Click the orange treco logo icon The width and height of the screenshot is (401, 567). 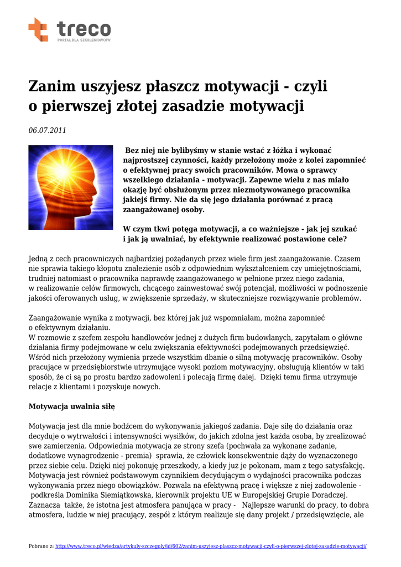click(38, 29)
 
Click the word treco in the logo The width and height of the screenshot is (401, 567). click(84, 27)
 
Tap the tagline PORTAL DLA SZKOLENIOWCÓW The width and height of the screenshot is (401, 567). click(84, 40)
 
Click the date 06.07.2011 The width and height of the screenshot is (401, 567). click(47, 131)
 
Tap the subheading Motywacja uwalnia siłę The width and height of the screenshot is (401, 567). click(71, 406)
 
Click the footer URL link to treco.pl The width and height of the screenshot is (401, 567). click(211, 546)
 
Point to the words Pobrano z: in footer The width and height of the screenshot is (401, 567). click(41, 546)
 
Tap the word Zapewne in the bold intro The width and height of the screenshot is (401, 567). click(268, 180)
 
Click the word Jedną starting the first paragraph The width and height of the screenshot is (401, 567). click(39, 259)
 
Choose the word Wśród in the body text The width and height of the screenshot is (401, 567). click(39, 357)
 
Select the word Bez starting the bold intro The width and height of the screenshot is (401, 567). click(133, 150)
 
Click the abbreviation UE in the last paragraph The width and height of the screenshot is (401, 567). click(244, 494)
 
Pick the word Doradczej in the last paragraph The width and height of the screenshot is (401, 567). click(327, 494)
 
